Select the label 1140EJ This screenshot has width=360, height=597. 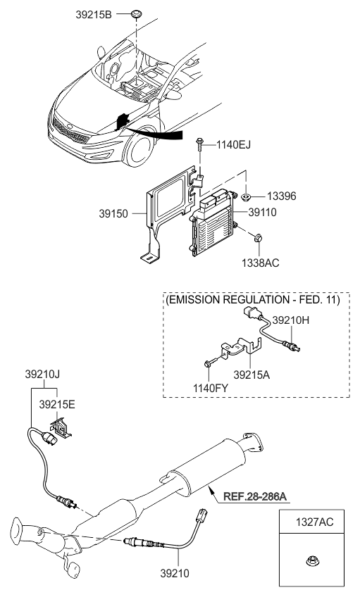(x=236, y=145)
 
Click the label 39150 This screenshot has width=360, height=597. (x=124, y=211)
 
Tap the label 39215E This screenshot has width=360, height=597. (x=57, y=405)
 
